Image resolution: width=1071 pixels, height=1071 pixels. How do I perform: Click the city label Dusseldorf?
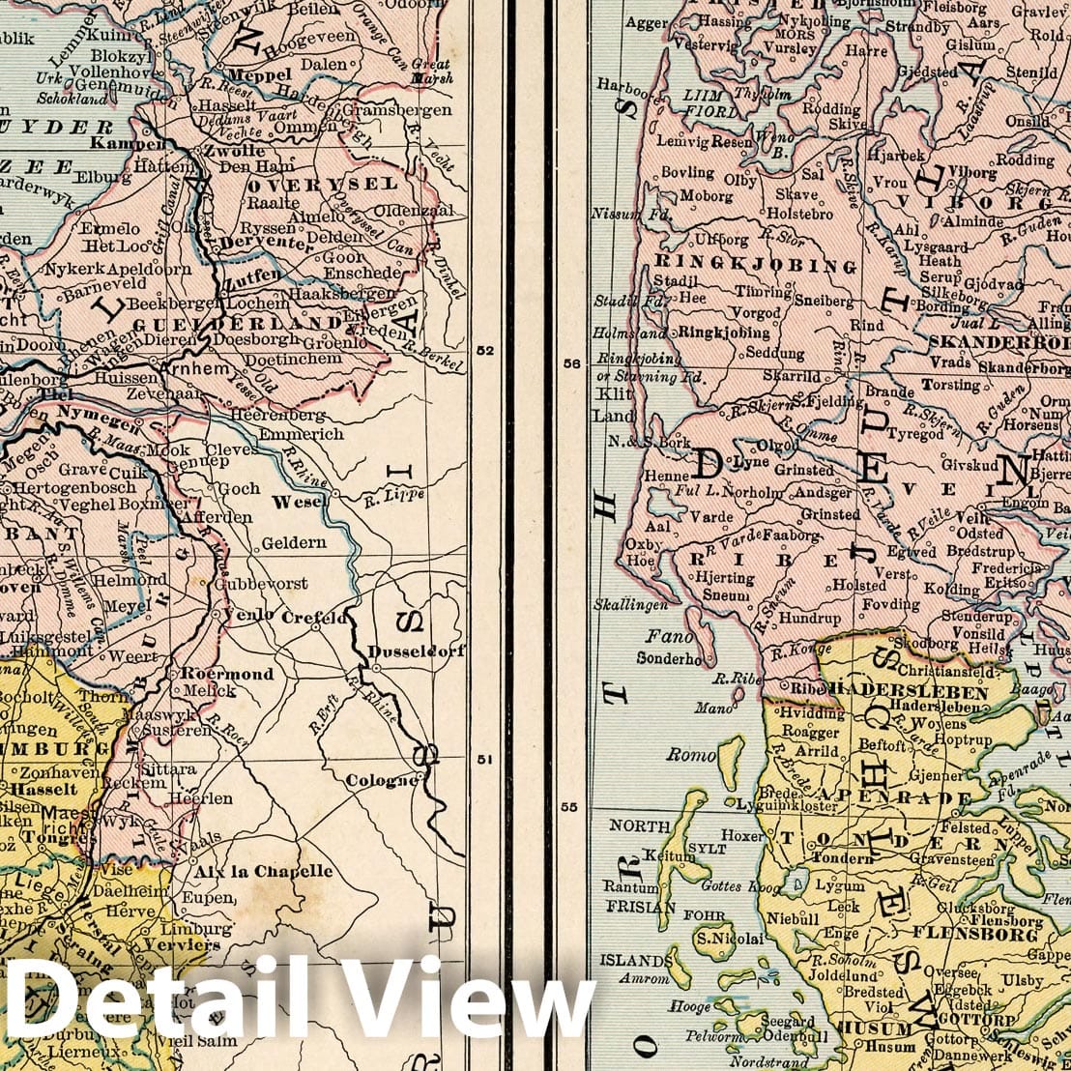pyautogui.click(x=416, y=651)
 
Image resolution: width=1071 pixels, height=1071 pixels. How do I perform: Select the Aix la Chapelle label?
pyautogui.click(x=263, y=871)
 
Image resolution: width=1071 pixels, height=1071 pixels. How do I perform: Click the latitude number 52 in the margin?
pyautogui.click(x=485, y=351)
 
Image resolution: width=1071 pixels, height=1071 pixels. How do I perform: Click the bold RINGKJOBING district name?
pyautogui.click(x=755, y=265)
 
